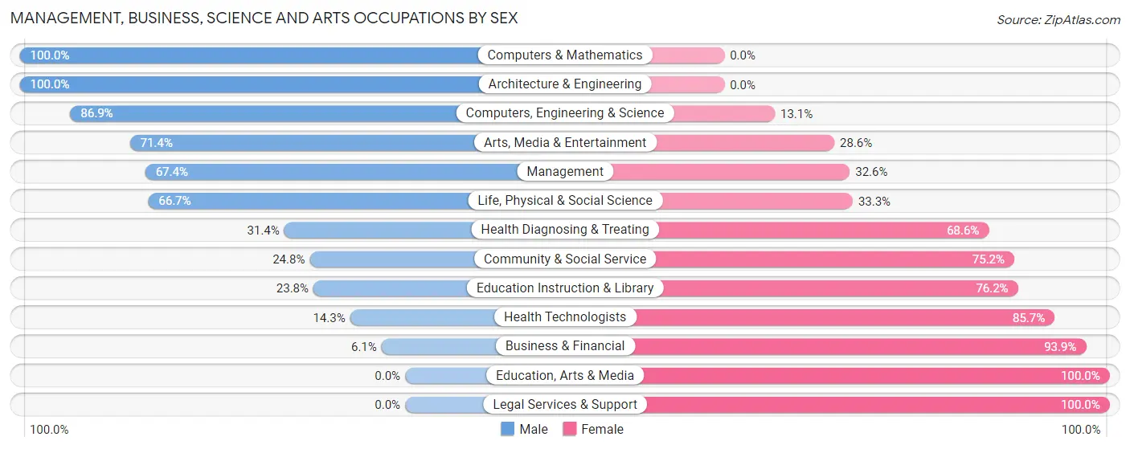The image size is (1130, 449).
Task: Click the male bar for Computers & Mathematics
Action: (x=249, y=55)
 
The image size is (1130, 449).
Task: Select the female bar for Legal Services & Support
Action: (x=876, y=405)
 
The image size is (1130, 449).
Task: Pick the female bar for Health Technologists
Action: (x=844, y=317)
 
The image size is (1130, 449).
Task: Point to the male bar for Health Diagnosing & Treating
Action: (x=378, y=230)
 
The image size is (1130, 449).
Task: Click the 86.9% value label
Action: (x=96, y=113)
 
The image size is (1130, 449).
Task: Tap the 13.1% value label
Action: (x=796, y=114)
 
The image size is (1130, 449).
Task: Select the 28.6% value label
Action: (x=855, y=143)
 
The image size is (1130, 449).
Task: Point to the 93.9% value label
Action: (x=1061, y=346)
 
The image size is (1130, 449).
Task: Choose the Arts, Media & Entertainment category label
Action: (x=565, y=143)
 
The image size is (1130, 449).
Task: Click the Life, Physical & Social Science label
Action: (x=565, y=201)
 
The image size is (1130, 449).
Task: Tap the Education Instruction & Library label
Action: (x=565, y=288)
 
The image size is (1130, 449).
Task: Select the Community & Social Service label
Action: (x=565, y=259)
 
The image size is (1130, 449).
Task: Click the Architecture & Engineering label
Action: (x=565, y=84)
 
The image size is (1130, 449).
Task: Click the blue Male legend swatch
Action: (x=507, y=429)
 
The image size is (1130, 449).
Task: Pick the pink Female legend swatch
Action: (x=570, y=429)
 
